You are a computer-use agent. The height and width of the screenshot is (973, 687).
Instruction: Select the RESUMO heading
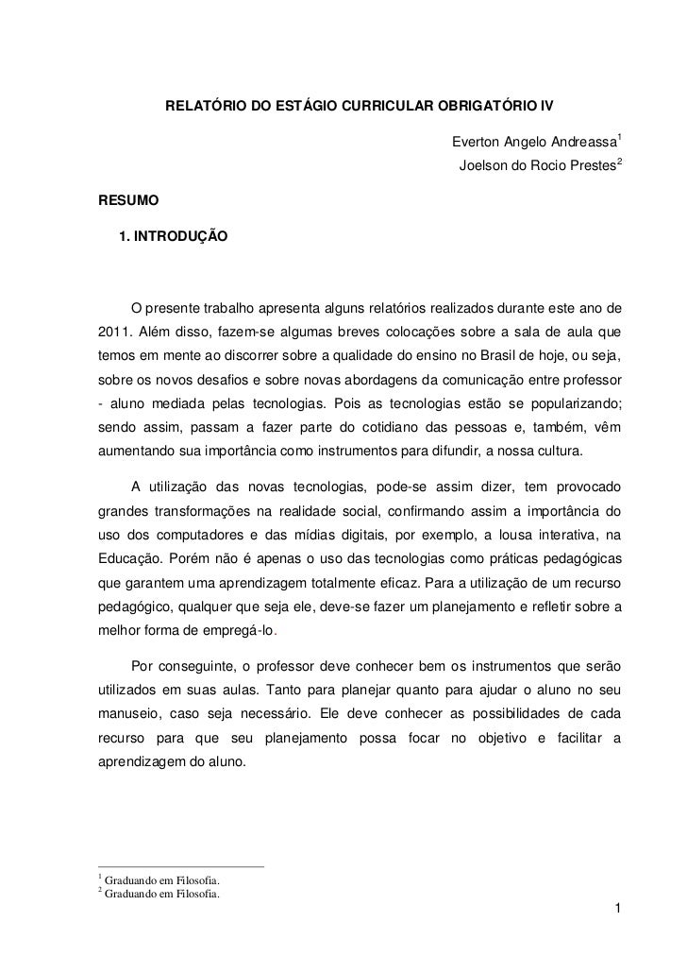128,201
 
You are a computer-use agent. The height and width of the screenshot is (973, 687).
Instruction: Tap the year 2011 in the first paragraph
114,331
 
